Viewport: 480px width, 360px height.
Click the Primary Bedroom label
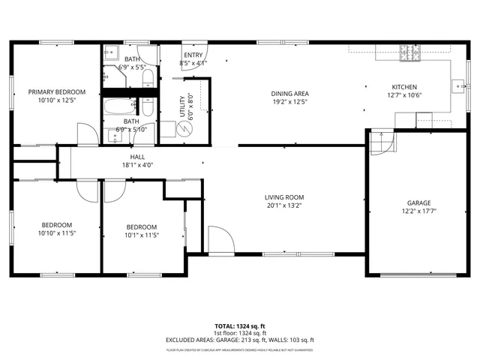pyautogui.click(x=57, y=92)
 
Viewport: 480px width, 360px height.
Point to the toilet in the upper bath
pyautogui.click(x=147, y=78)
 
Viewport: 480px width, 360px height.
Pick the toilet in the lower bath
pyautogui.click(x=147, y=109)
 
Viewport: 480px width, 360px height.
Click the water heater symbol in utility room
pyautogui.click(x=185, y=130)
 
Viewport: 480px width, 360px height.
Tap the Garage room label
pyautogui.click(x=419, y=202)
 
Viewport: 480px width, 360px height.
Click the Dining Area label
pyautogui.click(x=289, y=94)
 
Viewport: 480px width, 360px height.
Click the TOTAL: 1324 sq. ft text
pyautogui.click(x=240, y=326)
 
